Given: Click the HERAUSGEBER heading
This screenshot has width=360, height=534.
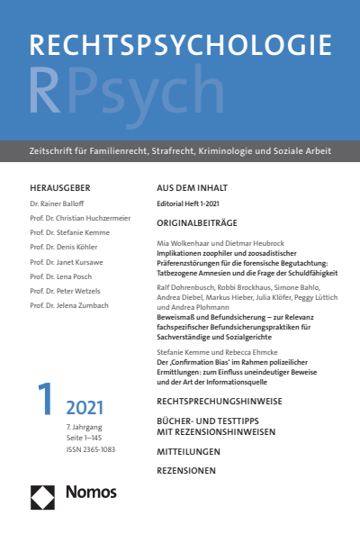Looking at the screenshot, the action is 60,187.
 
